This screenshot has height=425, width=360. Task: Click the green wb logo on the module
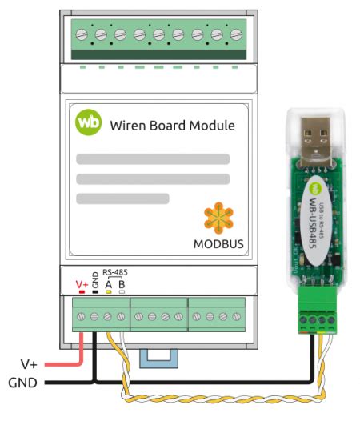(88, 124)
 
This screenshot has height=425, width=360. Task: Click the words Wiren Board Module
(172, 126)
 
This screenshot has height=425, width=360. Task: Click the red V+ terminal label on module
(82, 283)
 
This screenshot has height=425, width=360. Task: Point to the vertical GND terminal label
(94, 281)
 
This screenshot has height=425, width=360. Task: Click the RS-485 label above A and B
(114, 272)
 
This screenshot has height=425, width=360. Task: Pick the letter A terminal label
(108, 283)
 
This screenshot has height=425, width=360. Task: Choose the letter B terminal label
(122, 283)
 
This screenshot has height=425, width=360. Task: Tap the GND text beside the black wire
(22, 383)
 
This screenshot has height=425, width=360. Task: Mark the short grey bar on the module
(122, 198)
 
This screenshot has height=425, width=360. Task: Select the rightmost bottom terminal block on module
(216, 316)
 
